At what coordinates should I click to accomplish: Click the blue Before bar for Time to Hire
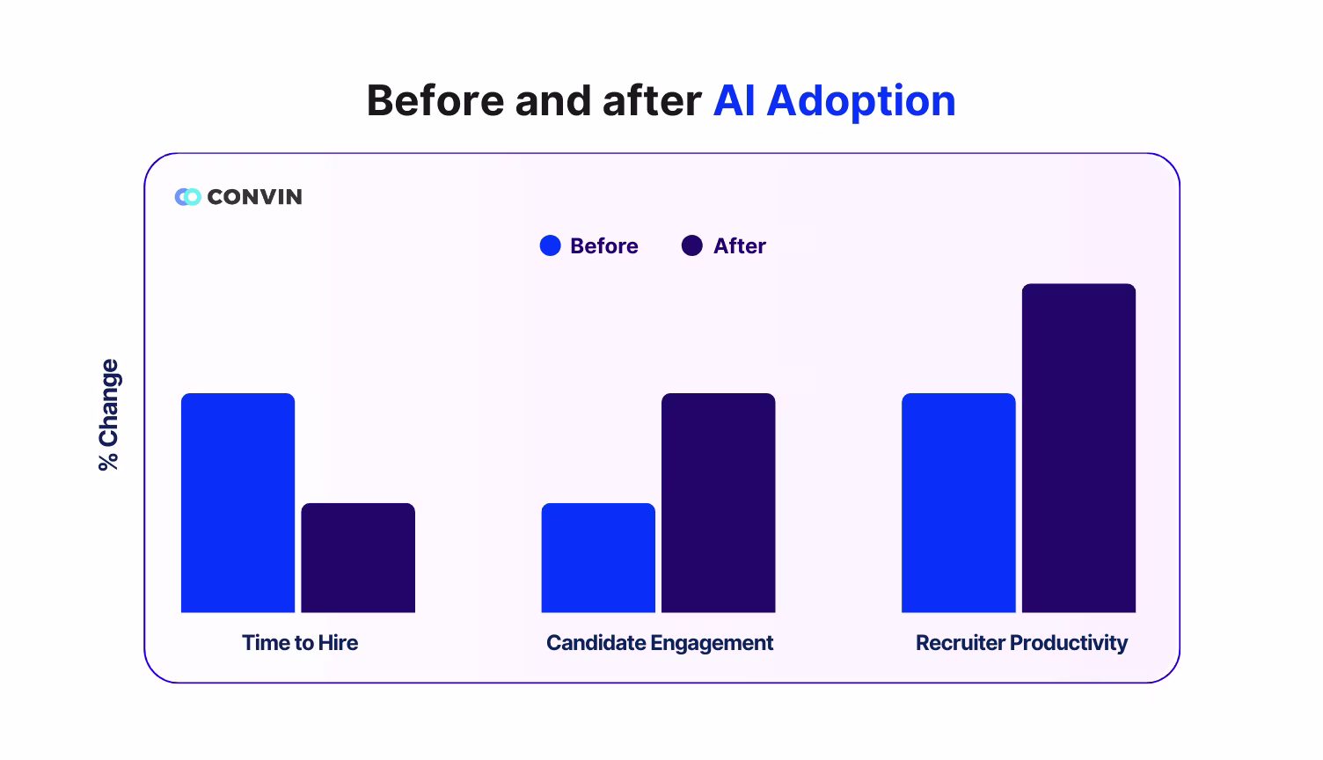click(x=238, y=502)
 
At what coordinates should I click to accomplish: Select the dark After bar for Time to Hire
click(x=358, y=558)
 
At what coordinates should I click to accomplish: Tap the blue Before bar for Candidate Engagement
click(x=598, y=558)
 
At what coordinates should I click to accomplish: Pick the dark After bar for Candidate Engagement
click(x=718, y=502)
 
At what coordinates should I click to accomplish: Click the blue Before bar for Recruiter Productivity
click(x=958, y=502)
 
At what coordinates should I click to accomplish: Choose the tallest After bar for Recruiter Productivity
click(x=1078, y=448)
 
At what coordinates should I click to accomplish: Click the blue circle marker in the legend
click(x=550, y=246)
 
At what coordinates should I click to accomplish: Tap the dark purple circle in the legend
click(x=692, y=246)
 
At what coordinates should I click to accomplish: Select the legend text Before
click(x=603, y=246)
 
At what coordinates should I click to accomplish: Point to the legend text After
click(x=739, y=246)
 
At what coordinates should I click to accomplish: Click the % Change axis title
click(x=109, y=414)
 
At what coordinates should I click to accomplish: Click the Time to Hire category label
click(x=300, y=643)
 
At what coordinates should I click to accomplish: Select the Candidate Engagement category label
click(x=660, y=643)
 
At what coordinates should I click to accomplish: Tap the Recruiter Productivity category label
click(x=1021, y=643)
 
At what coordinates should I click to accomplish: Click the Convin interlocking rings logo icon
click(x=187, y=197)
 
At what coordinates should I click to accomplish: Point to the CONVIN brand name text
click(x=254, y=197)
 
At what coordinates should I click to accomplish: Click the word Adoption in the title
click(x=860, y=101)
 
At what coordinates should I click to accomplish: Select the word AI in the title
click(x=735, y=101)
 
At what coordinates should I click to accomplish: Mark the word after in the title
click(x=651, y=101)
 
